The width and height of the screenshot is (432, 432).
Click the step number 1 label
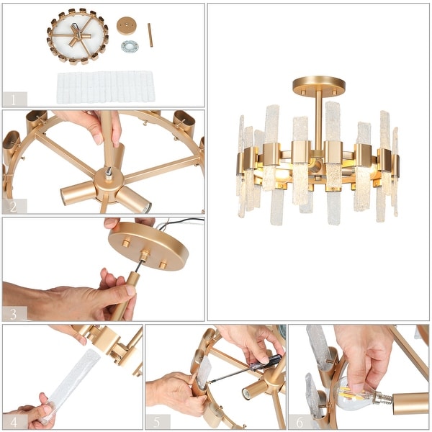(x=14, y=99)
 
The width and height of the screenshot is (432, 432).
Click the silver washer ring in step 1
(x=130, y=47)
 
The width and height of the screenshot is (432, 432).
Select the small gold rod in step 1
(x=150, y=35)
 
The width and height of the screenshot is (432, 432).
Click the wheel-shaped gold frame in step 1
(x=77, y=36)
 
